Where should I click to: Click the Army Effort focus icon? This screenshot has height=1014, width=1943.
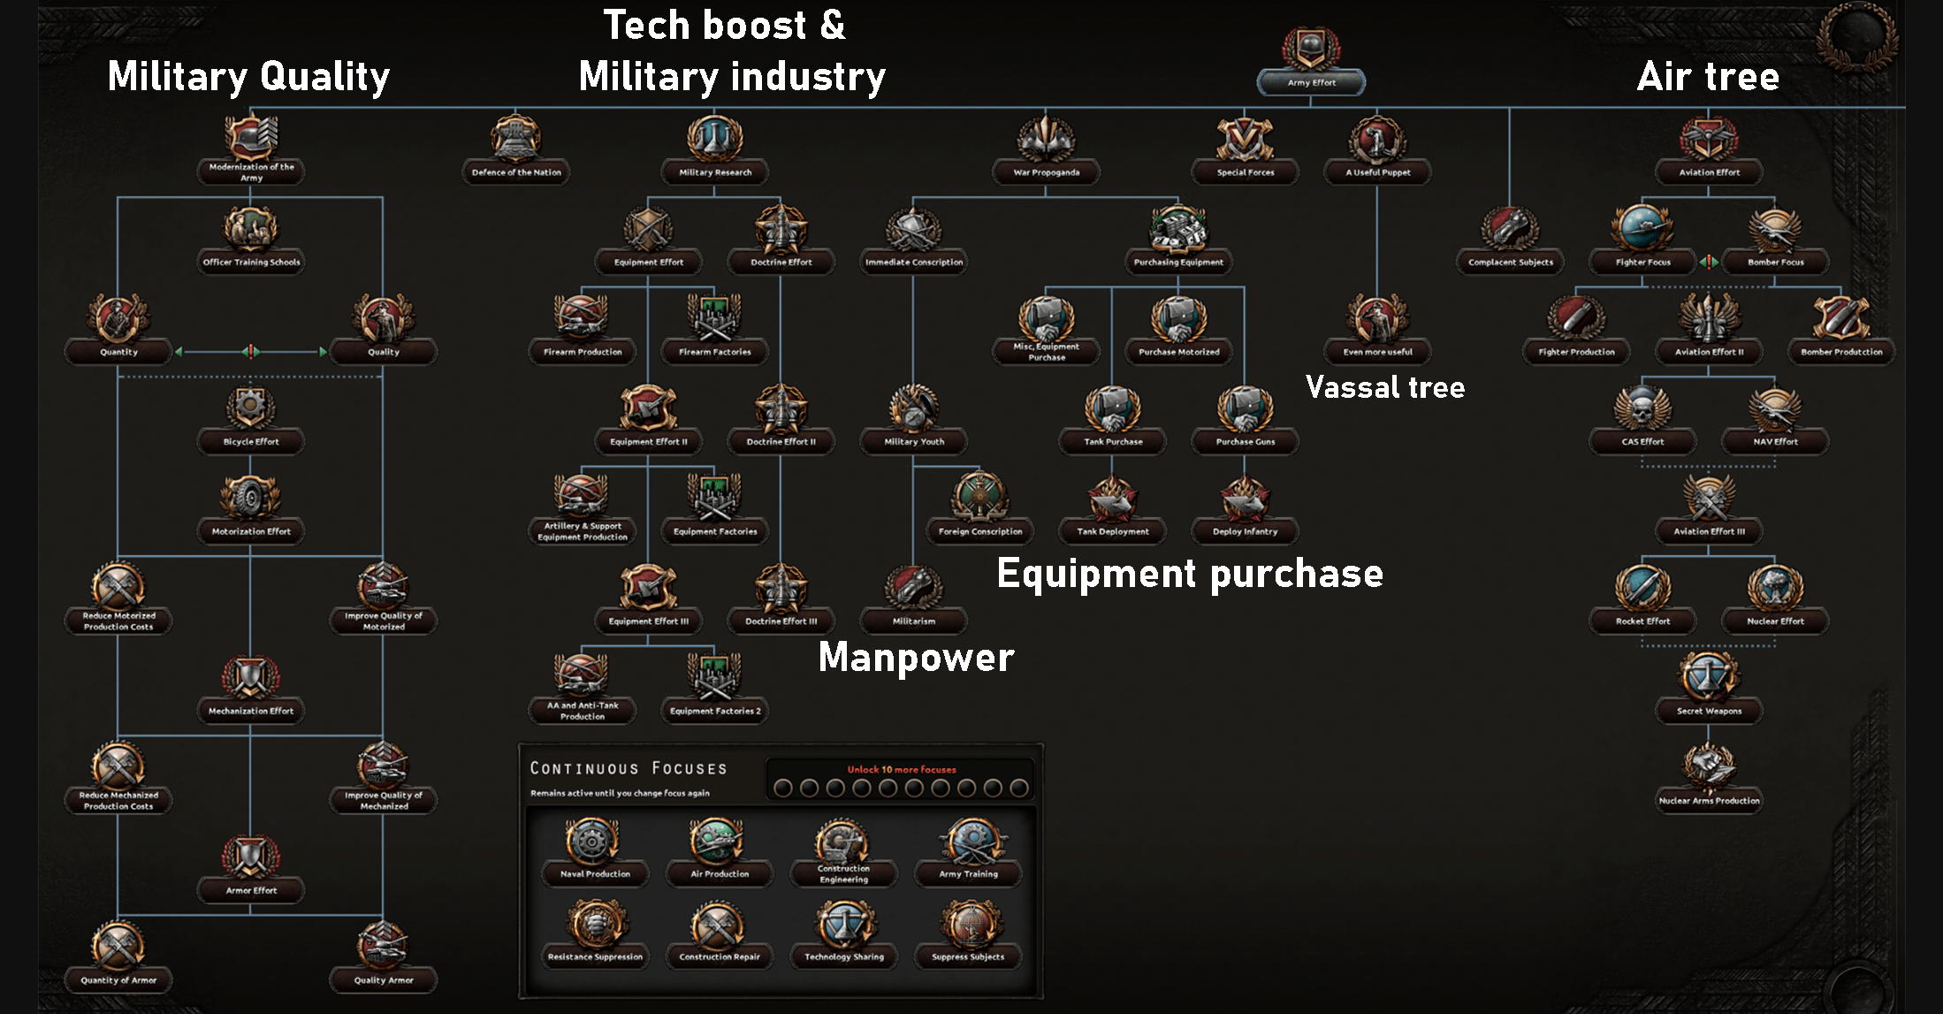pos(1311,49)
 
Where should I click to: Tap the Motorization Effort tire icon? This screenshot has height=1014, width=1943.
pos(250,498)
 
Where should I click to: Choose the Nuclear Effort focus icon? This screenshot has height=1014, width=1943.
pos(1775,587)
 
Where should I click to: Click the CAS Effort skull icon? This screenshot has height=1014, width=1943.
pos(1642,408)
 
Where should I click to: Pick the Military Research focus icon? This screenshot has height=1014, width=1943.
pos(714,139)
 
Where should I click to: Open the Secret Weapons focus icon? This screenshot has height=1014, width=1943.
pos(1709,677)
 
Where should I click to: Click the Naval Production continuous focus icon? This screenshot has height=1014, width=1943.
pos(592,841)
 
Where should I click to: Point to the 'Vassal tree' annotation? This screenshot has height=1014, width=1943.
pos(1385,387)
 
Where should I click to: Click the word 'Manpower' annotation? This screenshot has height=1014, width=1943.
pos(916,657)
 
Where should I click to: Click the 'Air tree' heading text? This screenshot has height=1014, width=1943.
pos(1708,76)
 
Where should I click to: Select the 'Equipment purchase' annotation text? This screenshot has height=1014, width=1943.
pos(1190,574)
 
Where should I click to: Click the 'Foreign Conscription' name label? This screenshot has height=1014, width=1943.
pos(980,531)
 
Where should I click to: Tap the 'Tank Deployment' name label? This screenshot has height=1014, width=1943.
pos(1113,531)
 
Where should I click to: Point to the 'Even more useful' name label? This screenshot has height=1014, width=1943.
pos(1377,352)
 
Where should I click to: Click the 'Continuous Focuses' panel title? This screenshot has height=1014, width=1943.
pos(628,768)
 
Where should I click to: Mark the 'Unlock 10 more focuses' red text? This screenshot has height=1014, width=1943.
pos(902,769)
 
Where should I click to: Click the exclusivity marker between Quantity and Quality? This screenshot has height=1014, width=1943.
pos(251,352)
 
